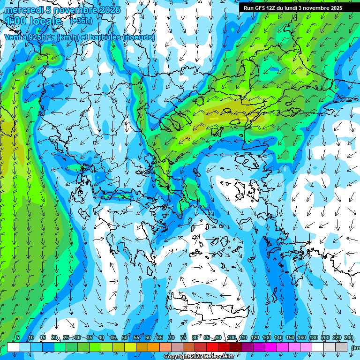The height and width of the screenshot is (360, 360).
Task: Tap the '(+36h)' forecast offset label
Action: [x=81, y=21]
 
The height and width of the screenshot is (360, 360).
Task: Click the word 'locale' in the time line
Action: [x=45, y=21]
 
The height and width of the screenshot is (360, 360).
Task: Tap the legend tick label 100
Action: [x=231, y=338]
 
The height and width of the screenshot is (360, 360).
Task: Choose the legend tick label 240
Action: [x=348, y=338]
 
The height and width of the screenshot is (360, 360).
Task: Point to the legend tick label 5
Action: [x=18, y=338]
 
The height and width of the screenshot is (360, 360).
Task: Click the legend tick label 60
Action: [x=148, y=338]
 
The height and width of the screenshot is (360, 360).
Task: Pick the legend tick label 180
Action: [x=313, y=338]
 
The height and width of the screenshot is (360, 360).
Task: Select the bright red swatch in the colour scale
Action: [x=212, y=347]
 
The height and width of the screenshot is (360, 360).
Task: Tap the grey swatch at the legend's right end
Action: [x=341, y=347]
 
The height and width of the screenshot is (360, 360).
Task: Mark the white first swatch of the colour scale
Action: [x=13, y=347]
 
